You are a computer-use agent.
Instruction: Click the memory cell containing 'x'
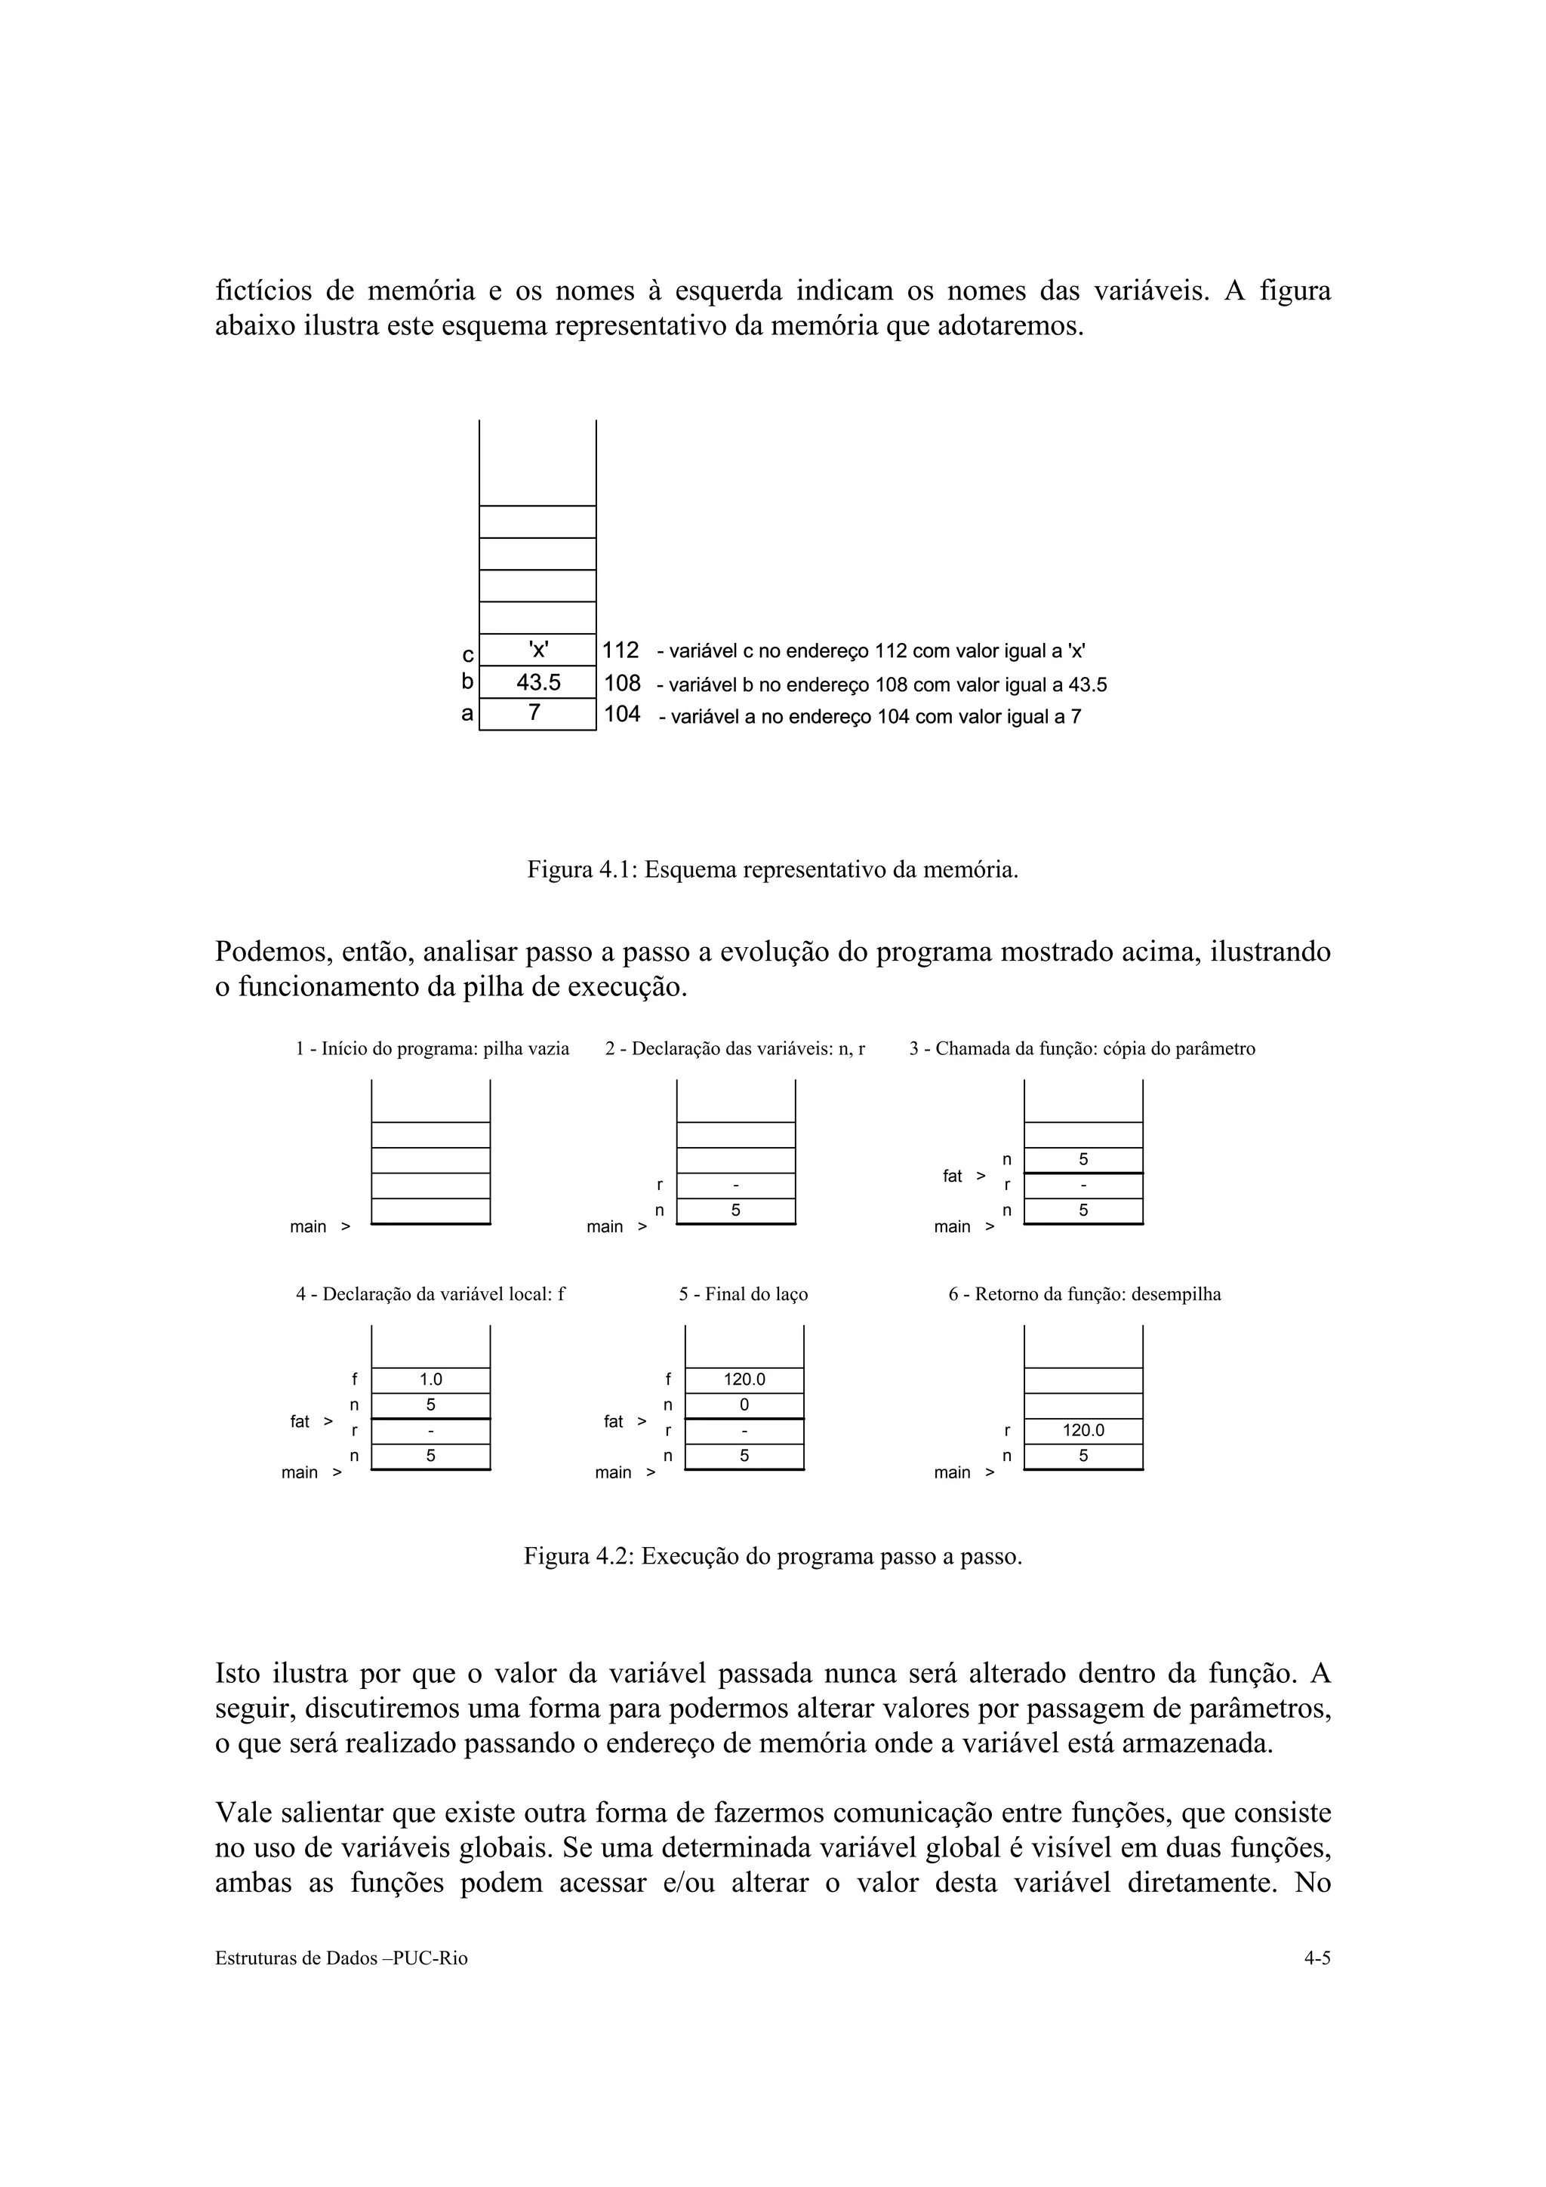coord(537,650)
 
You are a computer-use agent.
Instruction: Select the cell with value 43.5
coord(537,682)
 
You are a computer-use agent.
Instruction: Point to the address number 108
coord(622,683)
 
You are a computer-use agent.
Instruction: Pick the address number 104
coord(622,715)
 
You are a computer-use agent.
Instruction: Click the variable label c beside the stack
coord(467,654)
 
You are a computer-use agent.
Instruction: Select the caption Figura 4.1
coord(772,869)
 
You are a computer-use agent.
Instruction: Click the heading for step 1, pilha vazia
coord(433,1049)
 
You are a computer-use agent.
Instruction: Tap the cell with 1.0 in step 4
coord(430,1380)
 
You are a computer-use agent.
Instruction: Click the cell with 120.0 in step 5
coord(744,1380)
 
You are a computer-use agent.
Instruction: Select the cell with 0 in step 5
coord(744,1405)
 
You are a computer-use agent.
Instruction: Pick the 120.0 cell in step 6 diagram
coord(1083,1431)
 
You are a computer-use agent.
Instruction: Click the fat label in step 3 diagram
coord(953,1177)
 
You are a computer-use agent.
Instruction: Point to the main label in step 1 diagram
coord(308,1227)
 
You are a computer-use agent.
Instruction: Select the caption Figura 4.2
coord(772,1556)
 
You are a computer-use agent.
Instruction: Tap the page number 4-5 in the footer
coord(1317,1959)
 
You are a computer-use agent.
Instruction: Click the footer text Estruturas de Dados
coord(341,1959)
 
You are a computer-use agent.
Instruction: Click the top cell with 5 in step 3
coord(1083,1159)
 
